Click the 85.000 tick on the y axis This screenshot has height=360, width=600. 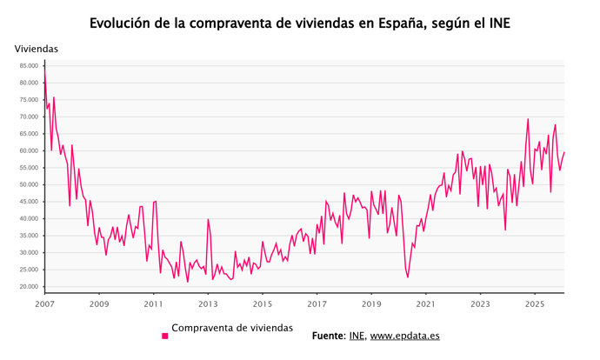[x=27, y=65]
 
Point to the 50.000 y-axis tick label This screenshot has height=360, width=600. [x=27, y=184]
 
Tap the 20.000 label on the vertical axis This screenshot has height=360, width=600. [x=27, y=287]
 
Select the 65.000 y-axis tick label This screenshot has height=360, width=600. [x=27, y=133]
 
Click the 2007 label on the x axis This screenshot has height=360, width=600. [x=44, y=303]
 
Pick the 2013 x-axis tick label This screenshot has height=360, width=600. [x=208, y=303]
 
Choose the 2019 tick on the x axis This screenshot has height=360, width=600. [x=371, y=303]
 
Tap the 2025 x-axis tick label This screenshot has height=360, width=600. [x=535, y=303]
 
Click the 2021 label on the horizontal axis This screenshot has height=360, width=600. [x=426, y=303]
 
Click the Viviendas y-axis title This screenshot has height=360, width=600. [x=37, y=49]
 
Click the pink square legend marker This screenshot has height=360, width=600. [x=164, y=335]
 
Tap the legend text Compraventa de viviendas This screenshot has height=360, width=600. [x=232, y=328]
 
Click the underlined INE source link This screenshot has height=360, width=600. [x=357, y=335]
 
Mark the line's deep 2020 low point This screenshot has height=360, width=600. [x=407, y=277]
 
